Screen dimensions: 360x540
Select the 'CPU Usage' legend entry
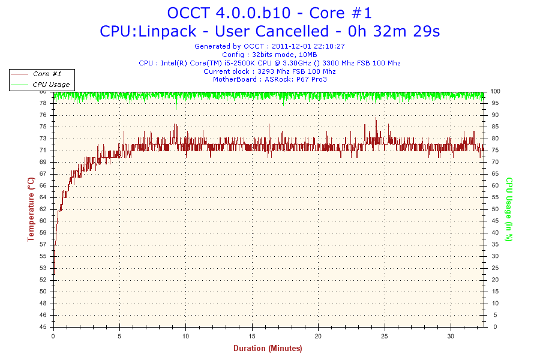click(51, 85)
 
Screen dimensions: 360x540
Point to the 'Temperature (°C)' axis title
click(31, 209)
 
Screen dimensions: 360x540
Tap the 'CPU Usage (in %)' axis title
click(509, 209)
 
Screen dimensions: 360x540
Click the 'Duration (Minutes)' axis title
click(268, 348)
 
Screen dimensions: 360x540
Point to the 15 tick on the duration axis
click(253, 335)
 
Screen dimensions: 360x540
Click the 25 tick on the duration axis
click(385, 335)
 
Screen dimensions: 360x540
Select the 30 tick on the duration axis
click(451, 335)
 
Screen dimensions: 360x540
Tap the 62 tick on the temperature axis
click(43, 209)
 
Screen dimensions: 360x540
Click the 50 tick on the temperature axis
click(43, 292)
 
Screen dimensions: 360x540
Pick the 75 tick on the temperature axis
click(43, 127)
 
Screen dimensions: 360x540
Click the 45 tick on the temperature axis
click(43, 327)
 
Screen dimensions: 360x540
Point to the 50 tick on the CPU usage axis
click(495, 209)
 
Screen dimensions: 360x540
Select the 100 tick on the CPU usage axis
click(497, 91)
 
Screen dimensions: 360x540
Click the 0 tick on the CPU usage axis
click(493, 327)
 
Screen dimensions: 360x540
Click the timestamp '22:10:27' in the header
click(329, 46)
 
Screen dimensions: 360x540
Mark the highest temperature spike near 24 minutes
click(376, 118)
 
